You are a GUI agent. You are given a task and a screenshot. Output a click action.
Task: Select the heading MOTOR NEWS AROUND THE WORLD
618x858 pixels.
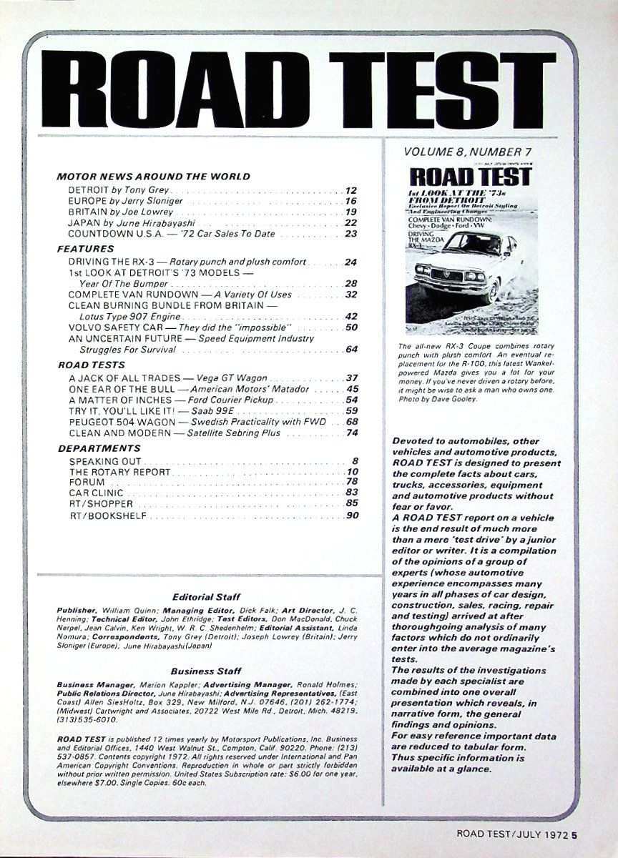pos(153,176)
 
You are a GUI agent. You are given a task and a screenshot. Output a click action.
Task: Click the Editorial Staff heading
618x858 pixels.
pos(206,596)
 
